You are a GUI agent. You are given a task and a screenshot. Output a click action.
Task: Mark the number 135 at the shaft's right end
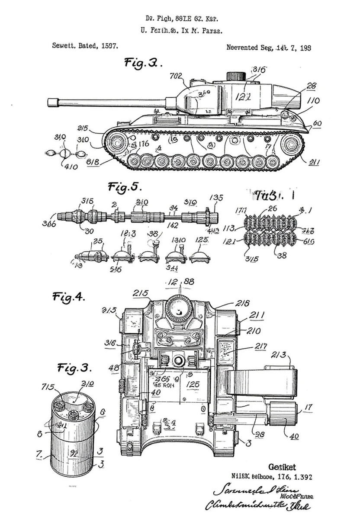216,199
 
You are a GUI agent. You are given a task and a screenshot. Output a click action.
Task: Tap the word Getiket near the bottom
282,467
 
